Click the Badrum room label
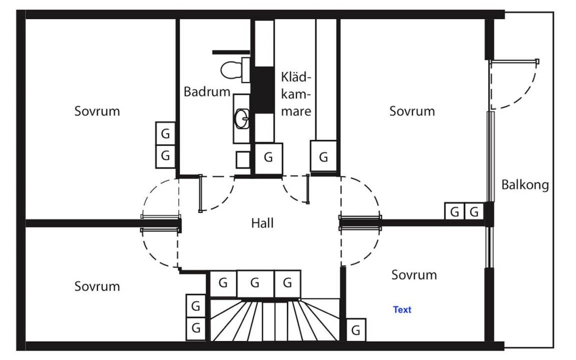[207, 92]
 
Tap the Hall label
[262, 223]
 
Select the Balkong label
[525, 185]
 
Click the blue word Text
[402, 310]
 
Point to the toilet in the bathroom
[231, 70]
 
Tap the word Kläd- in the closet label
[296, 77]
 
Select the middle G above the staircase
[255, 283]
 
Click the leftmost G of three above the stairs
[223, 283]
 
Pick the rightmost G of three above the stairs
[287, 283]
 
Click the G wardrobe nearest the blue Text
[356, 330]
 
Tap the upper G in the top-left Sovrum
[165, 133]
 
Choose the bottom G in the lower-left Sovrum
[196, 328]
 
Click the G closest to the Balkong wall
[474, 211]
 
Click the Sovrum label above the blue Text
[414, 275]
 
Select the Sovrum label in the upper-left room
[97, 111]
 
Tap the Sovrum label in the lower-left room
[97, 286]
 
